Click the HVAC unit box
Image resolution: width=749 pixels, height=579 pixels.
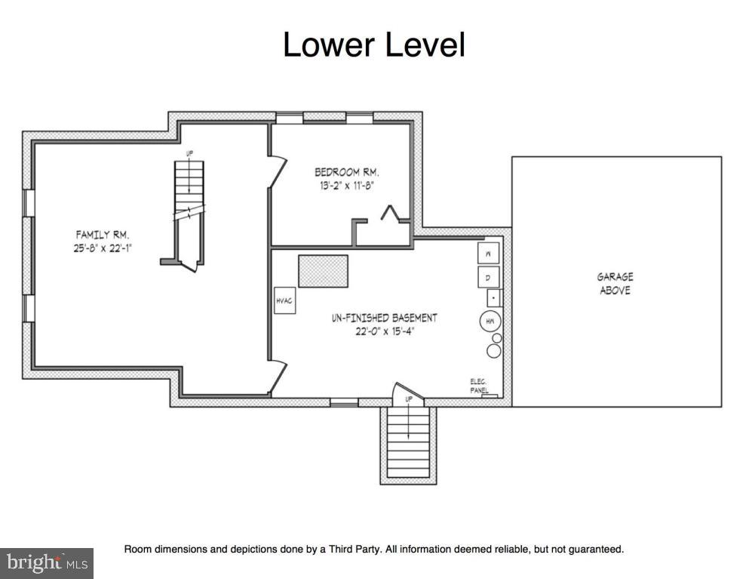pyautogui.click(x=284, y=300)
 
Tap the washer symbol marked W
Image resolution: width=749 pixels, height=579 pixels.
pyautogui.click(x=488, y=254)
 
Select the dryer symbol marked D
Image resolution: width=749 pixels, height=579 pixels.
pyautogui.click(x=488, y=277)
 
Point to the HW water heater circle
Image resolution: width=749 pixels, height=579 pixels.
pyautogui.click(x=490, y=322)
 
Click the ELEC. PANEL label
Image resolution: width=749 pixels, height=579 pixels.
pyautogui.click(x=479, y=386)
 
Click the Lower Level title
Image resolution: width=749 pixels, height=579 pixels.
pyautogui.click(x=374, y=45)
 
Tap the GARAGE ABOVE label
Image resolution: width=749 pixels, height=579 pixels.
pyautogui.click(x=615, y=284)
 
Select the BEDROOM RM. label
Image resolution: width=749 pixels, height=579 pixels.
pyautogui.click(x=347, y=171)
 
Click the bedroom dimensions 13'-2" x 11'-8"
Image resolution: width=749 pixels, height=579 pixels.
pyautogui.click(x=346, y=186)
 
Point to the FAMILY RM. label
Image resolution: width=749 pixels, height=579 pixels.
pyautogui.click(x=103, y=235)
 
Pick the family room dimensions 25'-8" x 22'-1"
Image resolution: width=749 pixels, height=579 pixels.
pyautogui.click(x=103, y=248)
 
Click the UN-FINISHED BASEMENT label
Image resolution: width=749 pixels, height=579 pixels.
pyautogui.click(x=385, y=318)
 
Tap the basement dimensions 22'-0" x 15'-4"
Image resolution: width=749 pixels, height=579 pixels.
pyautogui.click(x=385, y=331)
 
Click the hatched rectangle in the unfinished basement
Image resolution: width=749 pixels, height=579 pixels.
pyautogui.click(x=324, y=271)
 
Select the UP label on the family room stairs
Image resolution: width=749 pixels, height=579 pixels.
pyautogui.click(x=189, y=153)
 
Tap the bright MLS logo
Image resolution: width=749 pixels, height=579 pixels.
pyautogui.click(x=47, y=562)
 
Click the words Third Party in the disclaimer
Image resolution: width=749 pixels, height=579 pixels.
pyautogui.click(x=354, y=549)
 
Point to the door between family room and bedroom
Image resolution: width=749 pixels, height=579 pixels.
pyautogui.click(x=278, y=171)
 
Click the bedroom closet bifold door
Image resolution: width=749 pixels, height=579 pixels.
pyautogui.click(x=390, y=213)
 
